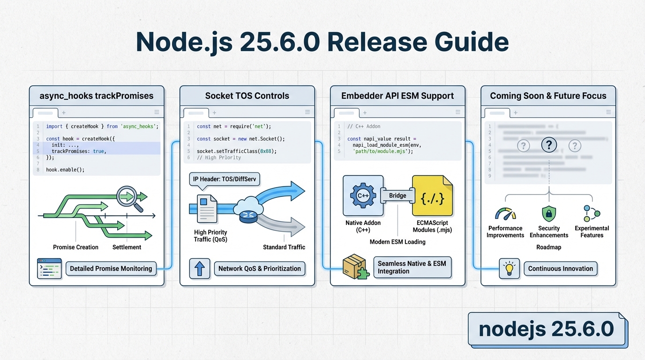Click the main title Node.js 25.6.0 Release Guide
click(x=322, y=42)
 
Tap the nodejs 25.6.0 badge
click(x=547, y=329)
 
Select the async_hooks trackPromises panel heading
click(x=97, y=96)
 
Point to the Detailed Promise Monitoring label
click(x=111, y=269)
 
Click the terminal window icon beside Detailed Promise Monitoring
click(x=49, y=269)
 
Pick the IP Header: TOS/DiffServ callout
click(x=225, y=179)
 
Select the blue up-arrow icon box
click(x=200, y=269)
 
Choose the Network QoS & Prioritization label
click(x=259, y=269)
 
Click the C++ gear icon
click(x=363, y=195)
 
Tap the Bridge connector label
click(x=397, y=195)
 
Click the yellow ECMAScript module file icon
click(x=431, y=196)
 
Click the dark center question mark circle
click(x=548, y=145)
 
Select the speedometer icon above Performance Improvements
click(x=505, y=214)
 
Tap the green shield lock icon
click(x=548, y=214)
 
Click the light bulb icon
click(x=509, y=269)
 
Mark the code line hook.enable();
click(x=65, y=170)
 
